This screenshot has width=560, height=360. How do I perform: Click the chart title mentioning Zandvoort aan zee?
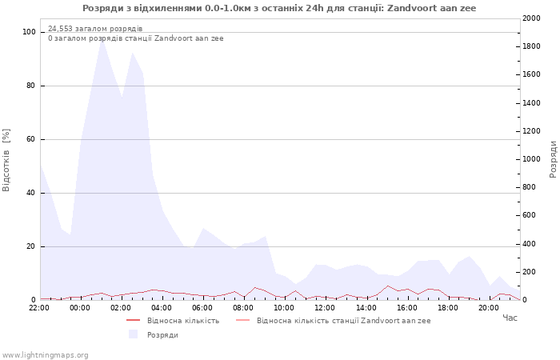(279, 8)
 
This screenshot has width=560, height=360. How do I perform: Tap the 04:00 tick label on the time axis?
(162, 308)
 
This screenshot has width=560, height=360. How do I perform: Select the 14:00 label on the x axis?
(366, 308)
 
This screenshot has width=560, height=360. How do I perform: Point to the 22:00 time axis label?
(39, 308)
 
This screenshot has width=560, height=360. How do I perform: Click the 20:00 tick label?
(489, 308)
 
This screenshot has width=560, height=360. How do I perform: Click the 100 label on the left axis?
(29, 32)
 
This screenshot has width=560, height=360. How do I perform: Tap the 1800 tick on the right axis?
(531, 46)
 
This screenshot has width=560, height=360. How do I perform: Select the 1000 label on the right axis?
(531, 159)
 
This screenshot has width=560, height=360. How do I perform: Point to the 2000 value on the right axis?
(531, 18)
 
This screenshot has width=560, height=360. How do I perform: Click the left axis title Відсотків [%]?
(6, 160)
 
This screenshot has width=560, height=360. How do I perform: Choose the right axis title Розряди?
(553, 159)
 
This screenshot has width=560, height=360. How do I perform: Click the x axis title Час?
(510, 318)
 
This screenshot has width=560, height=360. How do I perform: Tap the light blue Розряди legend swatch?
(134, 334)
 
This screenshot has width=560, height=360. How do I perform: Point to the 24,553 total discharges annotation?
(95, 29)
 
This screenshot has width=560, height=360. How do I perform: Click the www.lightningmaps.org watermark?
(45, 355)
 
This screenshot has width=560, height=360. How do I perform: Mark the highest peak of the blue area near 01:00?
(102, 38)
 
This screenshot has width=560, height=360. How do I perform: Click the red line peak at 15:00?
(387, 286)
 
